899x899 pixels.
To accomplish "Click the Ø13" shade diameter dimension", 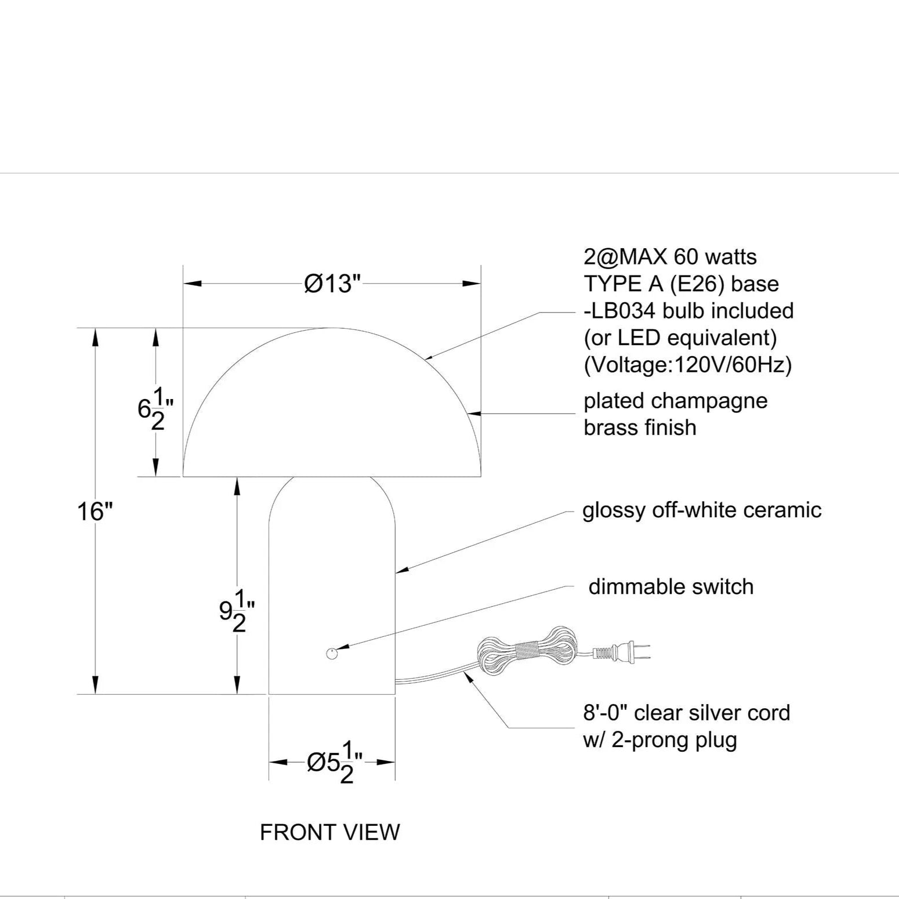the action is (332, 284).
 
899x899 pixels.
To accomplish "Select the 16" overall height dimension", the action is (95, 512).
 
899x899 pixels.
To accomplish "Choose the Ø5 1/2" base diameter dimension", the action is (335, 762).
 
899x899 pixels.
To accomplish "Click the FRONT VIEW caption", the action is (329, 832).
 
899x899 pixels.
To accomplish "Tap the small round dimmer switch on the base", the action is (331, 654).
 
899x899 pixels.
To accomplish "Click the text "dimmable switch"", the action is (671, 586).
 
